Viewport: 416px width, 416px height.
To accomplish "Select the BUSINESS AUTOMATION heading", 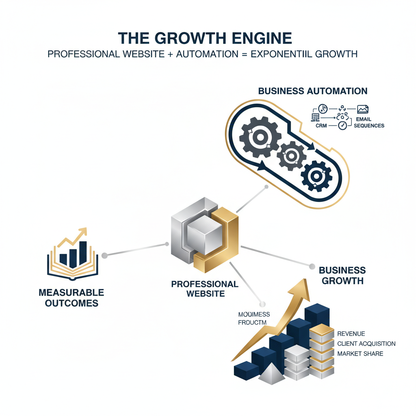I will pyautogui.click(x=313, y=91).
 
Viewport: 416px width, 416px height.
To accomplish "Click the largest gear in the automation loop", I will pyautogui.click(x=259, y=137).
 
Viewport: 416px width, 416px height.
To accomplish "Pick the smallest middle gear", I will pyautogui.click(x=291, y=156).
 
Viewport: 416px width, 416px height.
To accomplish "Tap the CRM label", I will pyautogui.click(x=321, y=126).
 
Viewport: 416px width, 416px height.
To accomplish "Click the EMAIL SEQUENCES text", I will pyautogui.click(x=369, y=122).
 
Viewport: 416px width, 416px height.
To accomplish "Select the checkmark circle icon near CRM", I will pyautogui.click(x=342, y=126).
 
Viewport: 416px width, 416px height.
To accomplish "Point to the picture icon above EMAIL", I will pyautogui.click(x=362, y=109).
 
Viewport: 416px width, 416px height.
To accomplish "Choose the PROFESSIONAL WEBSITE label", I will pyautogui.click(x=205, y=288).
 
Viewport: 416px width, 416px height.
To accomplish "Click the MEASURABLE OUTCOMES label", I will pyautogui.click(x=71, y=298).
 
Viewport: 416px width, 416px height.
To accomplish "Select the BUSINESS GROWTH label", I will pyautogui.click(x=342, y=275).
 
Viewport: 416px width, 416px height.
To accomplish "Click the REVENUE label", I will pyautogui.click(x=351, y=334).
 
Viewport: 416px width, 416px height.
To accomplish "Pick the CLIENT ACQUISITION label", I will pyautogui.click(x=366, y=344).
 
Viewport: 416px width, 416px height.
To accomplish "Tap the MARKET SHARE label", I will pyautogui.click(x=360, y=353).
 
